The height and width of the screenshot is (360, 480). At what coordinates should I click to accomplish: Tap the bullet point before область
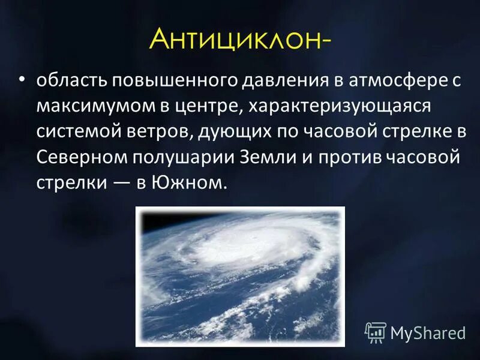(x=22, y=80)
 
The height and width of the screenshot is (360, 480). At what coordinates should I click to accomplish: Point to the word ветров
(x=162, y=132)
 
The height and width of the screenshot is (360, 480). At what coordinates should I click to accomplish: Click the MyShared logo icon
(x=376, y=331)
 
